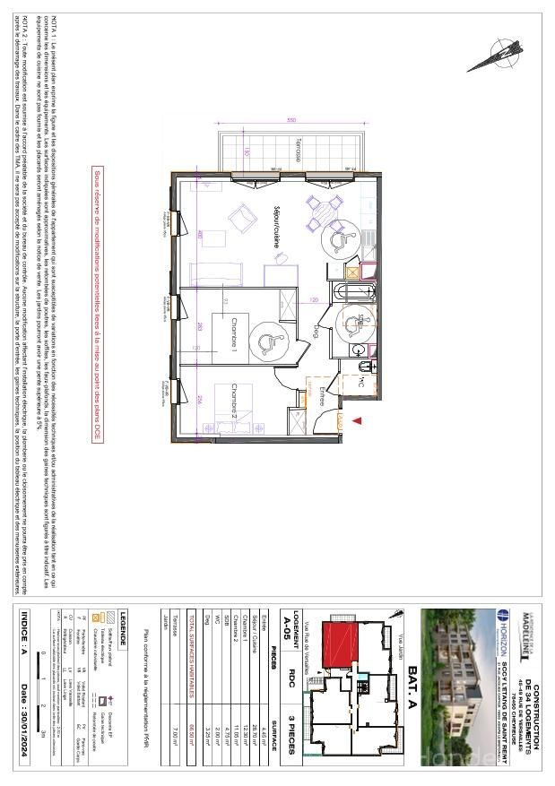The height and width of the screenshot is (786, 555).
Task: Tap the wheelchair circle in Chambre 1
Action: pos(266,341)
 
